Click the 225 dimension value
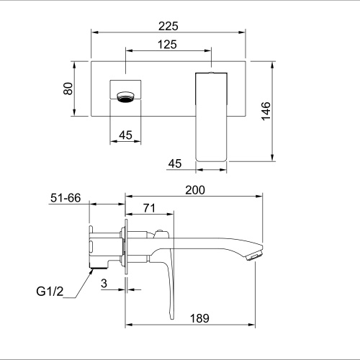[168, 26]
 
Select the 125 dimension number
[167, 45]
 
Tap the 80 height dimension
[68, 89]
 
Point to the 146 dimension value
[266, 111]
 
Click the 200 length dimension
[195, 190]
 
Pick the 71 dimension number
[149, 208]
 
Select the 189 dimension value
[199, 318]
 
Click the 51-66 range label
[66, 198]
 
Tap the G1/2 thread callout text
[50, 292]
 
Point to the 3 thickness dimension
[104, 284]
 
